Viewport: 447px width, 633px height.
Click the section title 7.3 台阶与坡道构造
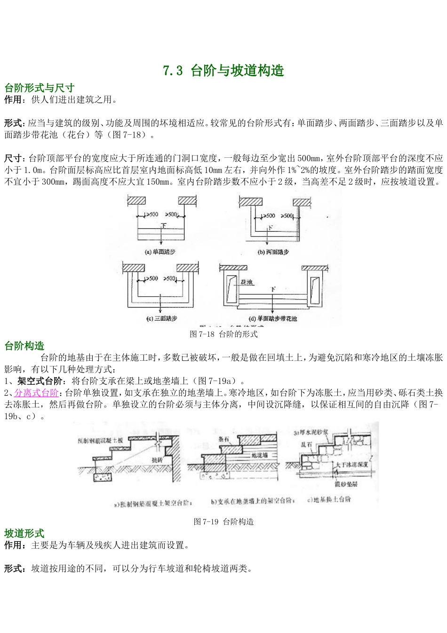tap(223, 71)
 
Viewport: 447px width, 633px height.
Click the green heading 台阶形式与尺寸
tap(39, 88)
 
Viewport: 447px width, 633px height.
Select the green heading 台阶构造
tap(24, 346)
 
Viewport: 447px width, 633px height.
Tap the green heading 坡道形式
tap(24, 533)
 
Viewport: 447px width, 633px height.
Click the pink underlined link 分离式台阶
tap(37, 393)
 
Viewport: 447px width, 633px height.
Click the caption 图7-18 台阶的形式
tap(223, 334)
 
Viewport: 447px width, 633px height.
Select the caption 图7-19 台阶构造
tap(223, 521)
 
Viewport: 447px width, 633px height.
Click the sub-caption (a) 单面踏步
tap(160, 252)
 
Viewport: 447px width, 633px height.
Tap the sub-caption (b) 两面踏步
tap(273, 252)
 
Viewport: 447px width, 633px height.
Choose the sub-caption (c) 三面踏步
tap(160, 318)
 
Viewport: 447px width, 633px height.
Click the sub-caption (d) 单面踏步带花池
tap(273, 318)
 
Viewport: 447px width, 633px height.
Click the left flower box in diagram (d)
tap(231, 287)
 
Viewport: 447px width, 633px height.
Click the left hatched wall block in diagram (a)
tap(137, 200)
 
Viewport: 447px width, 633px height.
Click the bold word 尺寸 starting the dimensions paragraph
tap(12, 158)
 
